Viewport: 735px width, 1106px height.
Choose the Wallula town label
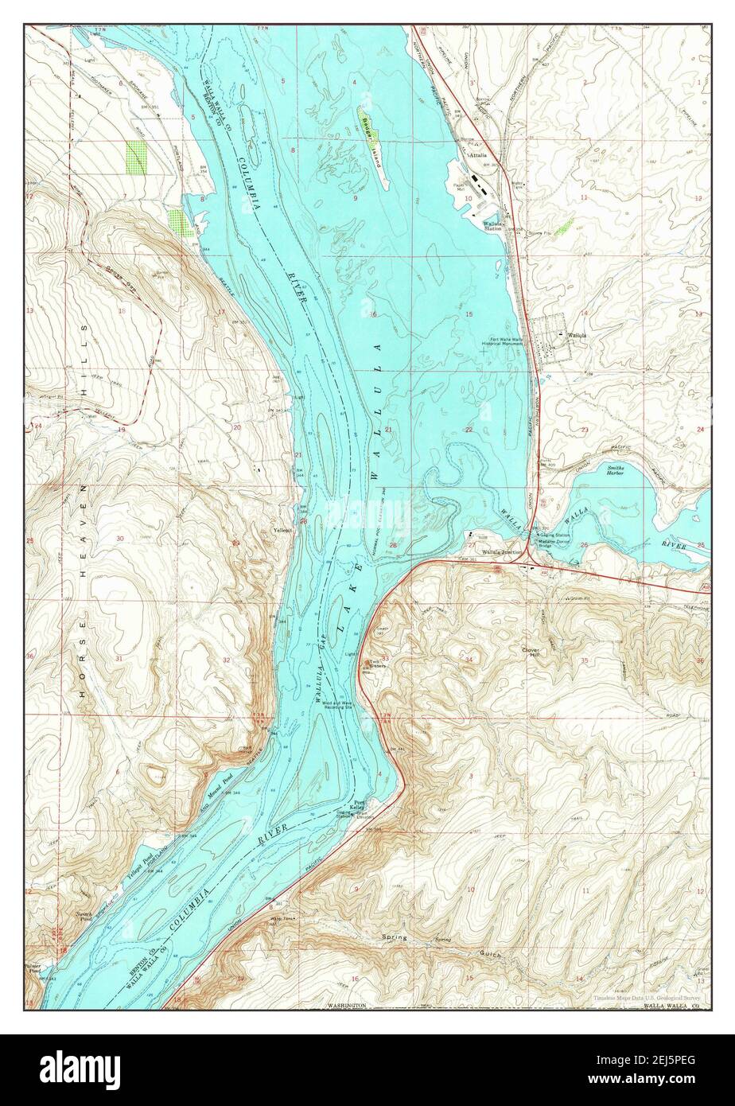click(x=577, y=335)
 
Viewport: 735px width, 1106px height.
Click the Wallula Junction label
click(x=501, y=551)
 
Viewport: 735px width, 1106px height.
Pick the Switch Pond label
click(x=85, y=915)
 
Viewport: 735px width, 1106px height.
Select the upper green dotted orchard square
click(x=137, y=157)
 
